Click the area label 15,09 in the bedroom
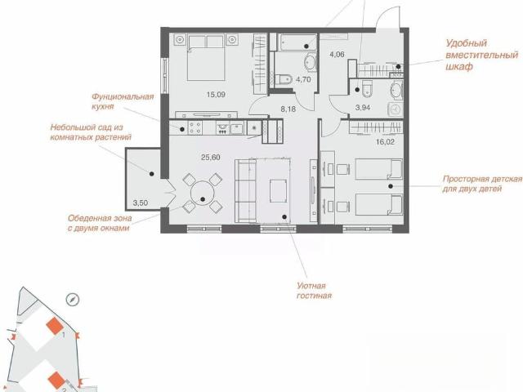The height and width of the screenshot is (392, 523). [216, 95]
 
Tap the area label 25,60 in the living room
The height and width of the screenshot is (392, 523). [211, 158]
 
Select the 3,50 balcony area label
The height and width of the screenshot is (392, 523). [140, 203]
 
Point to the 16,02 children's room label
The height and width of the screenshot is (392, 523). [385, 141]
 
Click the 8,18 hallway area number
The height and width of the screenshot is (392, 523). [288, 109]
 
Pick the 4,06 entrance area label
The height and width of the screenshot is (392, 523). [337, 54]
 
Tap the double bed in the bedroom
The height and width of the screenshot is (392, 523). [206, 57]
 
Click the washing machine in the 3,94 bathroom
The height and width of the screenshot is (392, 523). [396, 109]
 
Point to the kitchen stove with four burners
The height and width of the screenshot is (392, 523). [194, 127]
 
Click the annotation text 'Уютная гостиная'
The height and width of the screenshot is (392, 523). [314, 291]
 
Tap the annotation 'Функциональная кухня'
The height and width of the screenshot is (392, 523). [123, 101]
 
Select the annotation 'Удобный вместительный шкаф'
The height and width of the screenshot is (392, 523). [481, 55]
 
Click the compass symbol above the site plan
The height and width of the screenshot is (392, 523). [73, 300]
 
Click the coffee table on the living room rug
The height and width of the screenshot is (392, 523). [278, 191]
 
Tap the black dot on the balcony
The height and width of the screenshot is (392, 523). [152, 174]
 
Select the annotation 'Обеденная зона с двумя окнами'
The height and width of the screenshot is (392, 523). [100, 223]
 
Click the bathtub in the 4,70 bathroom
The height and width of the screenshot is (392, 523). [297, 42]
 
